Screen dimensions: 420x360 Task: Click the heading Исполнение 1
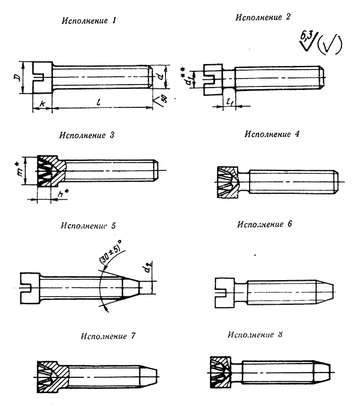[88, 22]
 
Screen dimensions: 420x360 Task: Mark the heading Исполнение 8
[259, 333]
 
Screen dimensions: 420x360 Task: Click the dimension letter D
[17, 79]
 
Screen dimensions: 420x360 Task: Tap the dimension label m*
[20, 169]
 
